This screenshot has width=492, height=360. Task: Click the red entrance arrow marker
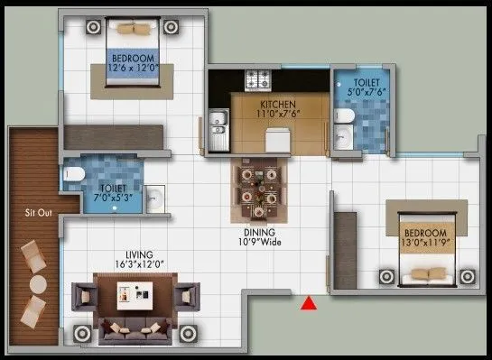(309, 303)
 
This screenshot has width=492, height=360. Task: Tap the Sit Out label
(38, 213)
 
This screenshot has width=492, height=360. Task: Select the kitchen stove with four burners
(258, 80)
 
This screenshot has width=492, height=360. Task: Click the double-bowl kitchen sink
(219, 130)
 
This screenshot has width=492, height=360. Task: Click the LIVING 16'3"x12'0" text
(139, 260)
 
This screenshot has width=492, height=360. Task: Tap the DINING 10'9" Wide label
(259, 237)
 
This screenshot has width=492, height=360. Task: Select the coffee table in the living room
(135, 296)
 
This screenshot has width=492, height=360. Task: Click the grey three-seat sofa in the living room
(135, 331)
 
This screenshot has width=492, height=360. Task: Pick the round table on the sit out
(38, 284)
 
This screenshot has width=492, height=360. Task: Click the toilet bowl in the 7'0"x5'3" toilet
(74, 174)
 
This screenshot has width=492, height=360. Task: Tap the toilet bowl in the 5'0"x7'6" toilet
(344, 115)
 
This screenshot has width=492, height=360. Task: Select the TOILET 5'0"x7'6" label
(367, 88)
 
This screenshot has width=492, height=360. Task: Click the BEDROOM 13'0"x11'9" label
(425, 237)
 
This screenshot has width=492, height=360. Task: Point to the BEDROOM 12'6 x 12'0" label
(134, 63)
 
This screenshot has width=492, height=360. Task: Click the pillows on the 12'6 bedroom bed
(134, 29)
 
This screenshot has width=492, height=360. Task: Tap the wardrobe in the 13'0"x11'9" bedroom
(345, 250)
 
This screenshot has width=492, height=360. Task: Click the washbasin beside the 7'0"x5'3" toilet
(153, 198)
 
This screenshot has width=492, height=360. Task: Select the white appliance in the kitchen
(278, 140)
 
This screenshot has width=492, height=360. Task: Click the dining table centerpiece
(259, 188)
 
